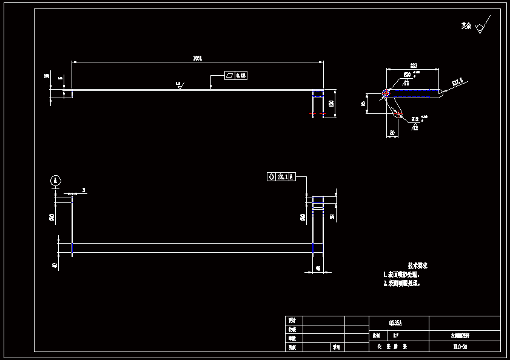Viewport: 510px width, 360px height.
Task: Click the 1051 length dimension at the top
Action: pos(197,58)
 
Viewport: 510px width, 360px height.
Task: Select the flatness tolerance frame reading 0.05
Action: pos(236,76)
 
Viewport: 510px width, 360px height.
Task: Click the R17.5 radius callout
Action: pos(457,81)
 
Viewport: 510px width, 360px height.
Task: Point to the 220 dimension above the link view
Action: pos(413,65)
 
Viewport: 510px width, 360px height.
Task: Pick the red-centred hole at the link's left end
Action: pos(386,93)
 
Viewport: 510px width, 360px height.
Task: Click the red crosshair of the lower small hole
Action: pos(397,112)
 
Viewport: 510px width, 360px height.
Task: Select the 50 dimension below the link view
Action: pos(392,132)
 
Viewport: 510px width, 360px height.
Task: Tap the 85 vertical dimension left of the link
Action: pos(364,104)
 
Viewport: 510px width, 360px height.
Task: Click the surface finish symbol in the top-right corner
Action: pos(481,26)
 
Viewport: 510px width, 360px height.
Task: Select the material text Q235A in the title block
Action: pos(395,322)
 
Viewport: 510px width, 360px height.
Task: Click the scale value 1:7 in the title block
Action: pos(395,335)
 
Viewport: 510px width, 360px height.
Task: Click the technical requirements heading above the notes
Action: pos(418,265)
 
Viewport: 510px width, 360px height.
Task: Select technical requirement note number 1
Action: pos(401,275)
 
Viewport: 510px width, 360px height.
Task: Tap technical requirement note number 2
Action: pos(401,283)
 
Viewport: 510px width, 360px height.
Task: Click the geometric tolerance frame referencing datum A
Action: pos(281,177)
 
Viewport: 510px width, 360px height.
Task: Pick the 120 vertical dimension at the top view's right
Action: pos(331,104)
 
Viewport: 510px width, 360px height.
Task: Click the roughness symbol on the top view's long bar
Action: pos(180,85)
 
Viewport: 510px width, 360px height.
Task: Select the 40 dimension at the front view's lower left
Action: pos(55,265)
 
